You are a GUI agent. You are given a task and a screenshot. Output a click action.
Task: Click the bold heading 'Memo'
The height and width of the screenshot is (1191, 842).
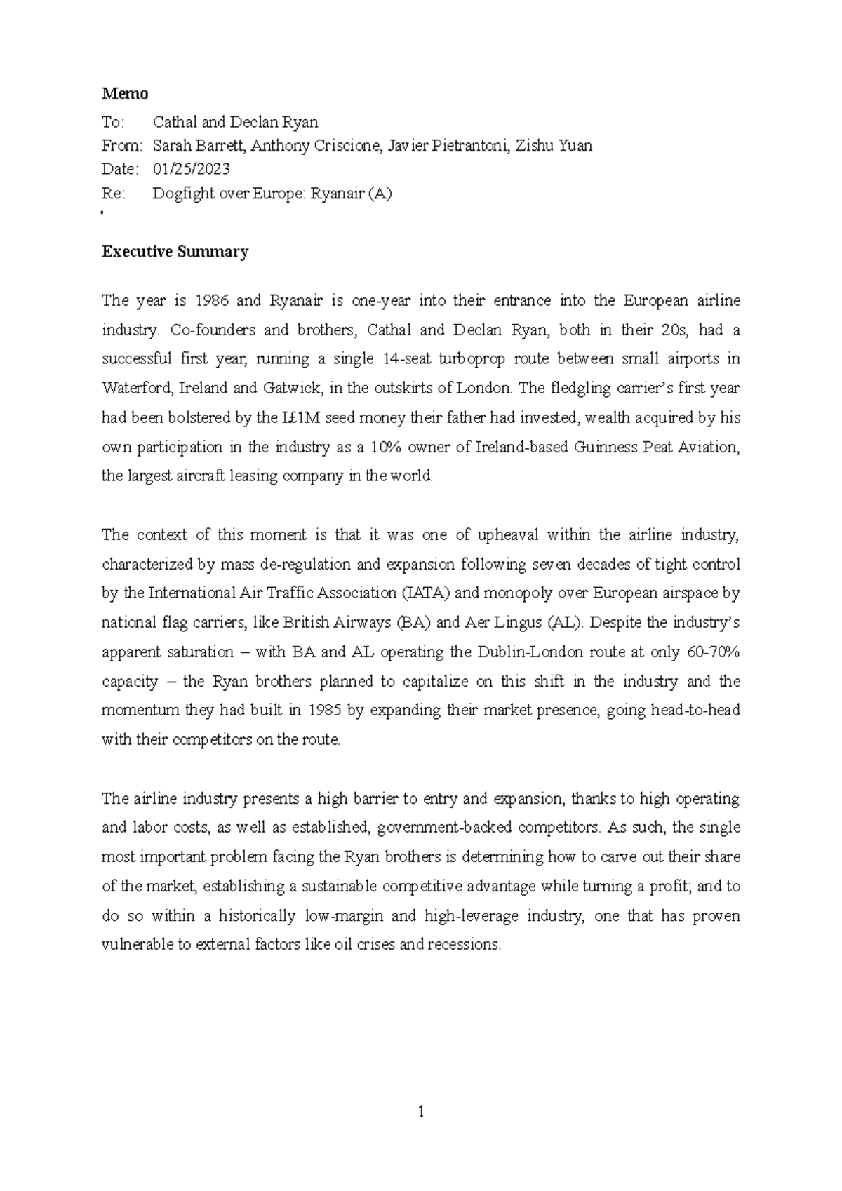pos(125,93)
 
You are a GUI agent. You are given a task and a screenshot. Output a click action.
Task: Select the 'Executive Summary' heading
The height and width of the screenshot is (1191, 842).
pos(175,252)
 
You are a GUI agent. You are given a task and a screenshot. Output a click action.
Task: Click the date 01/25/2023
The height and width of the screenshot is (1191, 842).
pos(192,169)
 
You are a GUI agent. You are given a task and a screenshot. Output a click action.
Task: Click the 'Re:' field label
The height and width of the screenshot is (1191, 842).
pos(113,194)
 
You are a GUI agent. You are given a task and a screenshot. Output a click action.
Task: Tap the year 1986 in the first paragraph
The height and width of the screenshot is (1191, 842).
pos(211,301)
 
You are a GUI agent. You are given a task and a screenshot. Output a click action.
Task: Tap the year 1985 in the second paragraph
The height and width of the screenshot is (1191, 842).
pos(325,710)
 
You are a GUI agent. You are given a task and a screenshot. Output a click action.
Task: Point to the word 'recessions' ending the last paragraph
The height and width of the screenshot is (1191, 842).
pos(467,944)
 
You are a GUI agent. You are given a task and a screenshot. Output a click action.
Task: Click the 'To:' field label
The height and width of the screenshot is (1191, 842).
pos(112,122)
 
